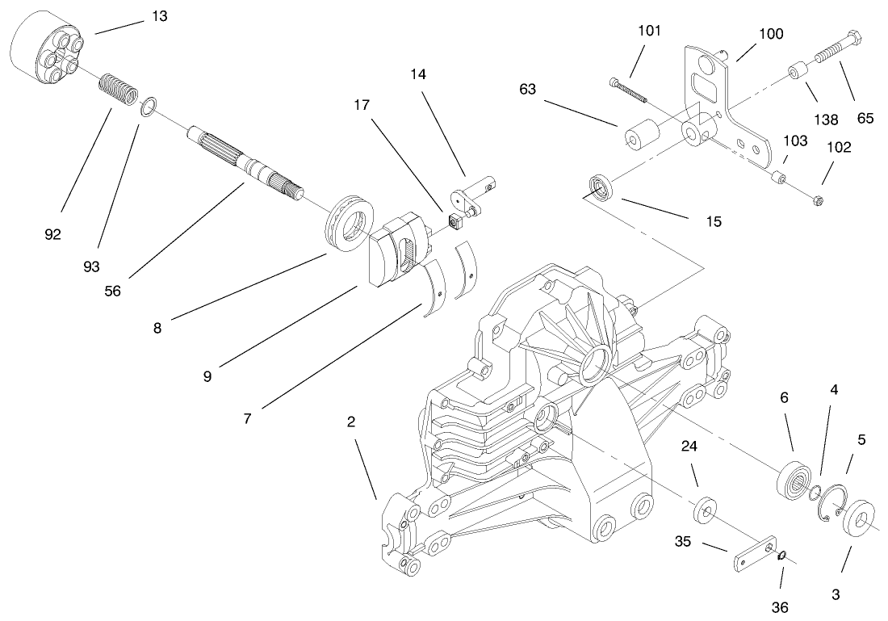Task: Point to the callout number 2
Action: (x=352, y=422)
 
